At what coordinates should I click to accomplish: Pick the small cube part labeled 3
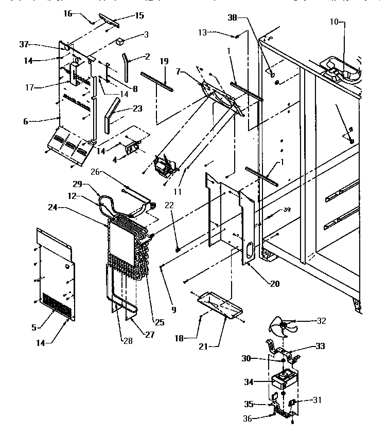click(121, 40)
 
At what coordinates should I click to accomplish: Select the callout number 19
click(164, 61)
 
